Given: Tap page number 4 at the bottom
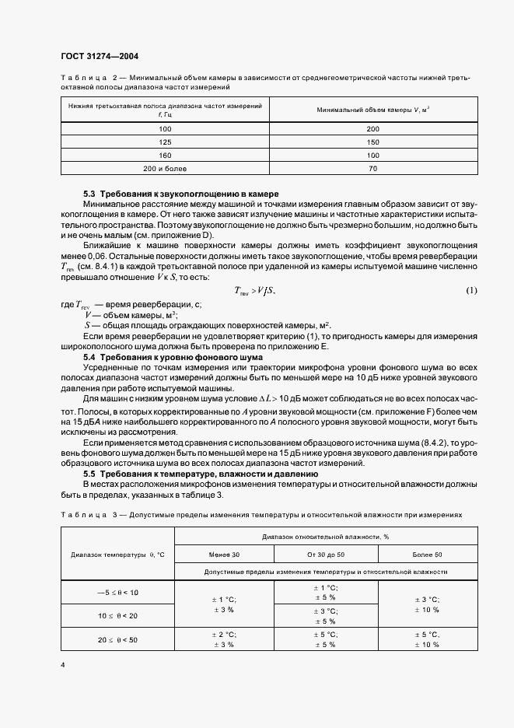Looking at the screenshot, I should click(63, 666).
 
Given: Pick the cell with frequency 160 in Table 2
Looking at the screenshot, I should click(165, 154).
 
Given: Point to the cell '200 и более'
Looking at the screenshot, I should click(165, 167).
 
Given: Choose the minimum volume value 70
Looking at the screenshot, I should click(372, 167).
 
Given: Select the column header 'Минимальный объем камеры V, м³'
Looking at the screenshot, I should click(372, 110).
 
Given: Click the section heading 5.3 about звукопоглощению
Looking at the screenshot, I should click(180, 193).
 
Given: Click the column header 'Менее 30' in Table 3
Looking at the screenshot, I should click(225, 554).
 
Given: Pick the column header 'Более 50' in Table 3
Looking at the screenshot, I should click(427, 554).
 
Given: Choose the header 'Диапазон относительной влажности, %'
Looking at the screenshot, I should click(324, 537).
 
